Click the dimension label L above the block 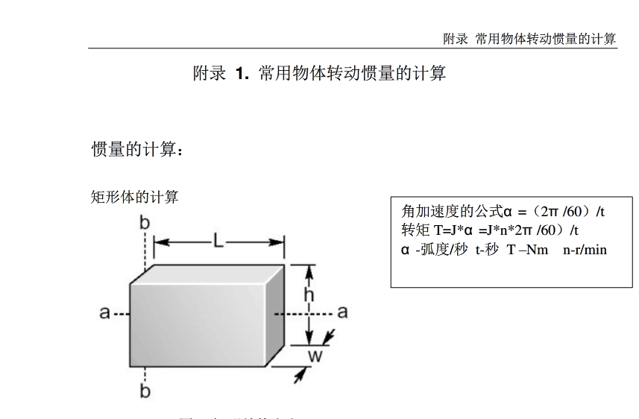click(x=217, y=241)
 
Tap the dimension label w click(x=315, y=356)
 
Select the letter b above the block click(x=145, y=223)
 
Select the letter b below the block click(x=145, y=391)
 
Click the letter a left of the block click(x=105, y=312)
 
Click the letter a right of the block click(x=342, y=312)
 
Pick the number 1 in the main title click(x=241, y=73)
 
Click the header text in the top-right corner click(x=529, y=39)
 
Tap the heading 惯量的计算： click(x=136, y=149)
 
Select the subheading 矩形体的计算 click(x=134, y=198)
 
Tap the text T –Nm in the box click(x=528, y=250)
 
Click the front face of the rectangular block click(x=198, y=325)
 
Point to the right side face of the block click(x=277, y=313)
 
